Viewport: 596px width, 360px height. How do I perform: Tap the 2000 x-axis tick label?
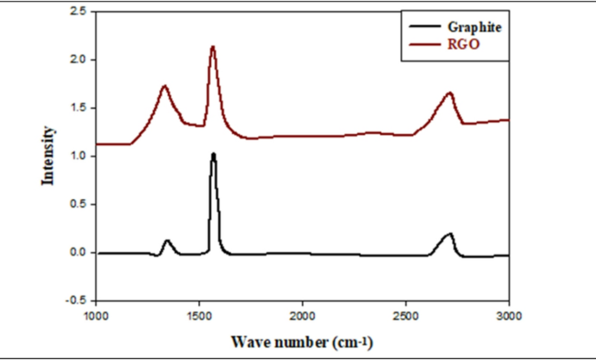coord(303,315)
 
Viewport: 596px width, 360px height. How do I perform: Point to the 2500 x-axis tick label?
coord(405,315)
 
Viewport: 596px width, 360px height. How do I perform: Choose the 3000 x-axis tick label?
coord(509,315)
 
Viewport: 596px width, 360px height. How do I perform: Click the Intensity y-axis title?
coord(50,157)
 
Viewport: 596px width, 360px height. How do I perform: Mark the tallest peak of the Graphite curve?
coord(213,155)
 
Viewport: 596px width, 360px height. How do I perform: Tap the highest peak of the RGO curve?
coord(212,47)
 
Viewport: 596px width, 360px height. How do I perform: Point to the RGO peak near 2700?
coord(449,93)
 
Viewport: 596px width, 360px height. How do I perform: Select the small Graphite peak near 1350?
coord(167,241)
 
